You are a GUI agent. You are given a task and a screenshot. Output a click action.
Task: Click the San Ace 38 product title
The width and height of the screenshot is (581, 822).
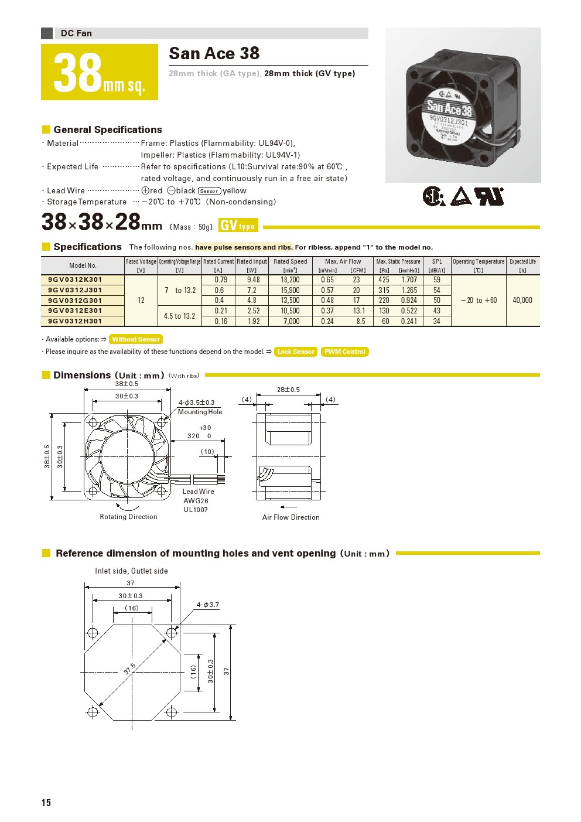214,53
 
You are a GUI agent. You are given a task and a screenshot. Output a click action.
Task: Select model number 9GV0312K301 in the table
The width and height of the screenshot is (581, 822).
76,280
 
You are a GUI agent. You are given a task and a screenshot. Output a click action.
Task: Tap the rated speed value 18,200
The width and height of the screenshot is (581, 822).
290,280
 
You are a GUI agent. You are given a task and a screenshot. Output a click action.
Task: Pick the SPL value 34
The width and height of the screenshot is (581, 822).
436,321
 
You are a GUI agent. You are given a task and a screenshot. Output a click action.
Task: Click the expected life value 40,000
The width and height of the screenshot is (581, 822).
522,300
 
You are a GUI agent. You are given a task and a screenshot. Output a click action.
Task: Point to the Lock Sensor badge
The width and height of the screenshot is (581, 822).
296,352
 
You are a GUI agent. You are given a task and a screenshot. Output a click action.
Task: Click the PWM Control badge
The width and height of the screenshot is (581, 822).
345,352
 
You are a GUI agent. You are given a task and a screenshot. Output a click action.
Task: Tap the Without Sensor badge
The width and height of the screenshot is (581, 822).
136,339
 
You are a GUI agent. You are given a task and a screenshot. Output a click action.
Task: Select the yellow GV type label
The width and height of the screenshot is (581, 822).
238,226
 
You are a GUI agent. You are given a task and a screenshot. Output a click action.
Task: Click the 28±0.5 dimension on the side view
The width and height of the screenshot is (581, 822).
288,390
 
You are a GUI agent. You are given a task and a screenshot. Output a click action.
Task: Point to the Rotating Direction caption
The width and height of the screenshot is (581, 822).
128,517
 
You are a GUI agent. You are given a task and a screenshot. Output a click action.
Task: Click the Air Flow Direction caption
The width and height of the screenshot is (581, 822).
291,517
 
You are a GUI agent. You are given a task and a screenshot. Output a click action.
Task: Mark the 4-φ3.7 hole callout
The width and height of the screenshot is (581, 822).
208,605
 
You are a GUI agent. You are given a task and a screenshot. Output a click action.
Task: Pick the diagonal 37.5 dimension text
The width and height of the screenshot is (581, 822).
129,668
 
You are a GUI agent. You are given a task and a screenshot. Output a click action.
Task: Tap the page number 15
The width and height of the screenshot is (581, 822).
46,803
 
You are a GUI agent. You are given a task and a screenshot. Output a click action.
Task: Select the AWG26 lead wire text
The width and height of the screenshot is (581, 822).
196,501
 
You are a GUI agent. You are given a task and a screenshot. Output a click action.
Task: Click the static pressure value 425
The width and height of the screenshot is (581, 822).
384,280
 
